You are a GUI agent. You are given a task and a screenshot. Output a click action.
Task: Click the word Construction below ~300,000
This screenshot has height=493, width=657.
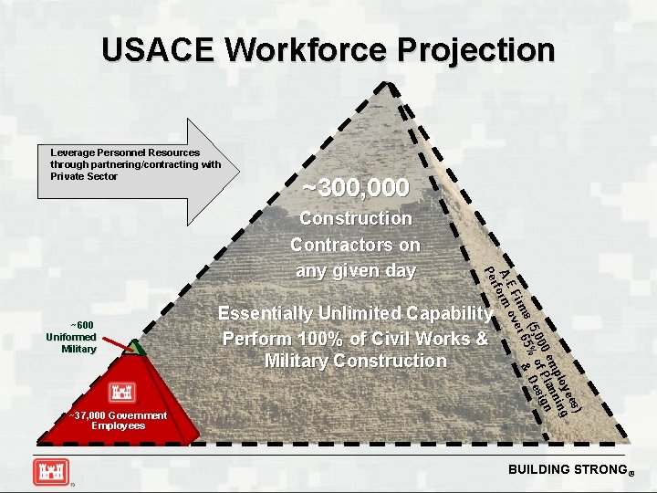[356, 218]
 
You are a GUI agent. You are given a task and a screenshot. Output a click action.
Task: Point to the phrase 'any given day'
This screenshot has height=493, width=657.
[356, 271]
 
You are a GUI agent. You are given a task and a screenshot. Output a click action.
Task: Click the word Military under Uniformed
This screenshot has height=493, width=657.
[78, 349]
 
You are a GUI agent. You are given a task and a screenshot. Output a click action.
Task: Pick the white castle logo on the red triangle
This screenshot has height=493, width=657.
[121, 393]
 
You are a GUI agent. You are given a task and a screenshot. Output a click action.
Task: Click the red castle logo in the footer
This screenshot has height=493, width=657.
[51, 471]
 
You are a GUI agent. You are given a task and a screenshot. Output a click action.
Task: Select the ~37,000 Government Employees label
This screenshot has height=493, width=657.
[118, 420]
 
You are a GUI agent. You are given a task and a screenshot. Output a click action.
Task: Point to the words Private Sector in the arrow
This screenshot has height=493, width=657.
[85, 176]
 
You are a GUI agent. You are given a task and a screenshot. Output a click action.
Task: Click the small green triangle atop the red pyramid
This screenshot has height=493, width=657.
[134, 348]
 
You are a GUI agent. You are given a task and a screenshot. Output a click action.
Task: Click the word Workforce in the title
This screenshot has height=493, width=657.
[308, 49]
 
